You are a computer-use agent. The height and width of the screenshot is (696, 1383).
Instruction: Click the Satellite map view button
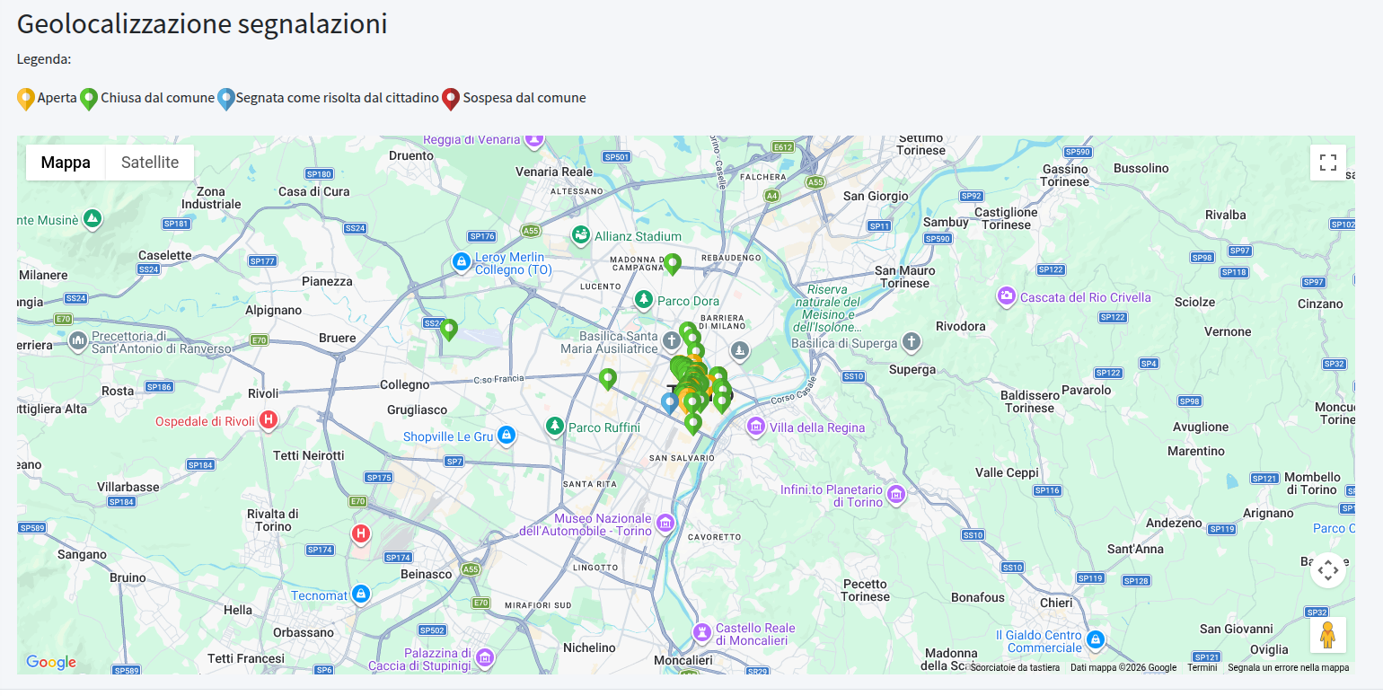[150, 163]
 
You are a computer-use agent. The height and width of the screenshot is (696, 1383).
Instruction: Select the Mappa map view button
[66, 163]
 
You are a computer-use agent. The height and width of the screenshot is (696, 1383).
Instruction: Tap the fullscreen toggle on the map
[1327, 163]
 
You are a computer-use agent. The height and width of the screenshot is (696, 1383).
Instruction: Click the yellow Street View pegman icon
[1327, 636]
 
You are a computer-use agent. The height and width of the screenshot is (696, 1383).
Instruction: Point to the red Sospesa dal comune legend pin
[451, 98]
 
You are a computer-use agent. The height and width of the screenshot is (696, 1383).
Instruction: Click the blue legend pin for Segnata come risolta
[226, 98]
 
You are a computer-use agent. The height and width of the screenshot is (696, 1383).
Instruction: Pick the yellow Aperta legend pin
[26, 98]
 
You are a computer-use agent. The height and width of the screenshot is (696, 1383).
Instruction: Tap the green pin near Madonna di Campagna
[672, 264]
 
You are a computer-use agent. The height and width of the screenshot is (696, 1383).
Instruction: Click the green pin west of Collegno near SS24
[449, 330]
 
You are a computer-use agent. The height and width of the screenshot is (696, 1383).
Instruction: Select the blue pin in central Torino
[669, 402]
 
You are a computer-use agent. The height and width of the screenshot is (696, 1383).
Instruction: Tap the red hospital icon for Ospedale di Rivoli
[268, 419]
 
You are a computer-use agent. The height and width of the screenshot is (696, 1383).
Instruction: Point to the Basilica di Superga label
[844, 343]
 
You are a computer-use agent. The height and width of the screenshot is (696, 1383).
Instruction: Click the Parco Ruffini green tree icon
[555, 425]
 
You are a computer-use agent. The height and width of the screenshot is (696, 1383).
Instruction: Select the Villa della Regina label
[816, 427]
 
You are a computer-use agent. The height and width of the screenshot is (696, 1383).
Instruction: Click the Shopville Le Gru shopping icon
[507, 436]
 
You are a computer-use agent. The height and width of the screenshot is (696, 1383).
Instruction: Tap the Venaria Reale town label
[554, 172]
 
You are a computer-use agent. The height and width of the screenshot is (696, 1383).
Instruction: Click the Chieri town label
[1056, 603]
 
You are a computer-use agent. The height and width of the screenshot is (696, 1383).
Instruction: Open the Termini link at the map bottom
[1202, 667]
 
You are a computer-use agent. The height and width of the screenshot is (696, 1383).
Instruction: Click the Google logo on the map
[50, 663]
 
